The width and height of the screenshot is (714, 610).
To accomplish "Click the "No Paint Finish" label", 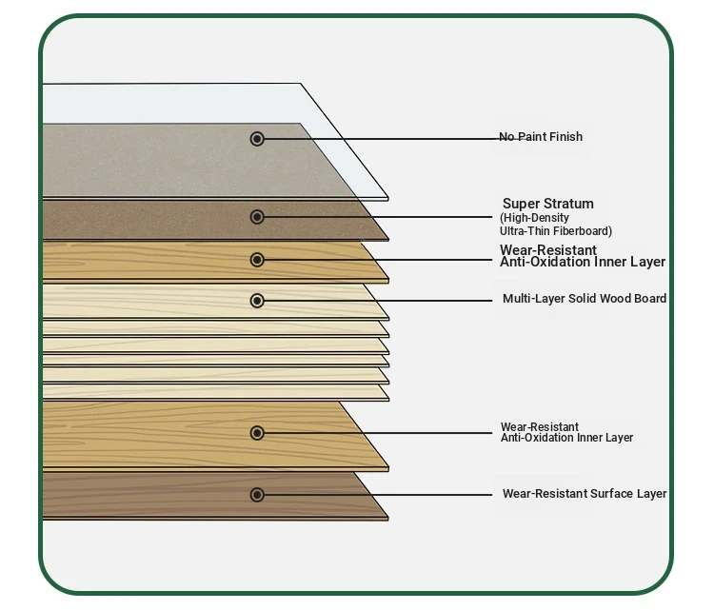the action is (541, 137).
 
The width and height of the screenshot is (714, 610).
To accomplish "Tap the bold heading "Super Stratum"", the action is (548, 204).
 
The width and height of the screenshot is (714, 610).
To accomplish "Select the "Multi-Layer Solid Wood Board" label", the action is (585, 299).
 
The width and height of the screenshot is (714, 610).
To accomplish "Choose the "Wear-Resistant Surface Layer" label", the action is (585, 494).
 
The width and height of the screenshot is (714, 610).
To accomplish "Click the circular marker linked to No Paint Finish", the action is (257, 139).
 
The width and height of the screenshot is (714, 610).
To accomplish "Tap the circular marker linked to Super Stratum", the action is (257, 217).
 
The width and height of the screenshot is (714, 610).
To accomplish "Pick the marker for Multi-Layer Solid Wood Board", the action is (257, 301).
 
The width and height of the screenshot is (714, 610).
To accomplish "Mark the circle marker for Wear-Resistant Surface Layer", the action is (257, 495).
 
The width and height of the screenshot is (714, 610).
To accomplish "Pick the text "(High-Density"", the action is (535, 218).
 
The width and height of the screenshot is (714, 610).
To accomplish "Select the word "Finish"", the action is (566, 137).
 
